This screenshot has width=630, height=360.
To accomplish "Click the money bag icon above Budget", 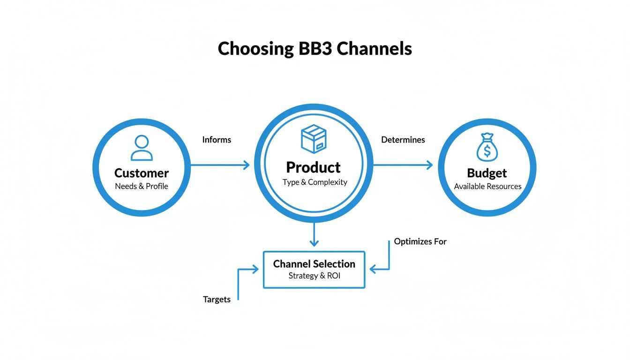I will click(487, 148).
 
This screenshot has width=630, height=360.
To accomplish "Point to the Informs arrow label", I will click(217, 140).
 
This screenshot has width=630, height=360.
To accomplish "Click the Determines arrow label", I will click(403, 140).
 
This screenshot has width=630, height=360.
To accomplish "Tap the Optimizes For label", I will click(420, 241).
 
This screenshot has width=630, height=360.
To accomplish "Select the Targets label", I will click(217, 299).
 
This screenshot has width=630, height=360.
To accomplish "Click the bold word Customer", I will click(142, 173).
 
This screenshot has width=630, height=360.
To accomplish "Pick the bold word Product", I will click(313, 167).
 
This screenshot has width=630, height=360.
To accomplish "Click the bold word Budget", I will click(487, 173).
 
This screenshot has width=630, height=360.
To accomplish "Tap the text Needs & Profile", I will click(142, 186).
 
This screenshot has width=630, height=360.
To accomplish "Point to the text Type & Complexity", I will click(315, 182).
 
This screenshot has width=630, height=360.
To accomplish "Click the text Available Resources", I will click(487, 186).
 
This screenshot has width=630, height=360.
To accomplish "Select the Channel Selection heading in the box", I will click(314, 264).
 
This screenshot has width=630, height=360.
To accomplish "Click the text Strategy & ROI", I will click(314, 276).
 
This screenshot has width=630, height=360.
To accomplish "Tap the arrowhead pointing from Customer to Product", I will click(246, 165).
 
